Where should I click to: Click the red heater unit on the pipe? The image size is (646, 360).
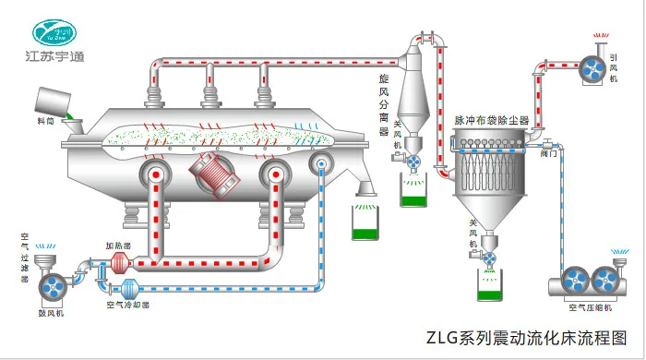tap(117, 265)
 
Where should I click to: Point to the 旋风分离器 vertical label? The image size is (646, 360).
tap(384, 106)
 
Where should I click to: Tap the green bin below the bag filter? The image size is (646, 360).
tap(489, 285)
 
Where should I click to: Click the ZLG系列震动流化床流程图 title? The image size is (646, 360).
tap(525, 337)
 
